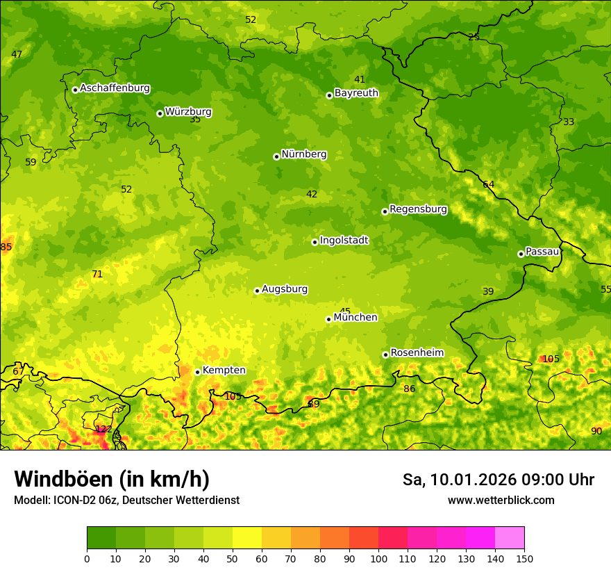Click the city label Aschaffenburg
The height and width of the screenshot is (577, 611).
pyautogui.click(x=115, y=88)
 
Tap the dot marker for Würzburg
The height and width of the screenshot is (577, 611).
pyautogui.click(x=160, y=113)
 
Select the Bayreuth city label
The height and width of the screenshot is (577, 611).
pyautogui.click(x=356, y=92)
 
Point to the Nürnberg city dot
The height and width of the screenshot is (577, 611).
pyautogui.click(x=276, y=156)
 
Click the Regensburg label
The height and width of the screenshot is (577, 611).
pyautogui.click(x=418, y=209)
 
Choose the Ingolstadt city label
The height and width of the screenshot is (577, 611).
pyautogui.click(x=344, y=240)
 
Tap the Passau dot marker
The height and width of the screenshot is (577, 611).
pyautogui.click(x=521, y=254)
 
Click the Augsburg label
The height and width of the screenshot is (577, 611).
pyautogui.click(x=285, y=288)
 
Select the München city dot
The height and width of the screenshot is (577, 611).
pyautogui.click(x=328, y=319)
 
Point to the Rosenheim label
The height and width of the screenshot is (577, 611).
pyautogui.click(x=417, y=352)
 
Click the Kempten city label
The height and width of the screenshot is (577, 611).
pyautogui.click(x=224, y=370)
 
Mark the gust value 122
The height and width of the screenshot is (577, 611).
pyautogui.click(x=103, y=429)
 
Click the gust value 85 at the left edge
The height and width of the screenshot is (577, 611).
pyautogui.click(x=6, y=247)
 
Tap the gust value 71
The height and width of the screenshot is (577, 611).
pyautogui.click(x=97, y=274)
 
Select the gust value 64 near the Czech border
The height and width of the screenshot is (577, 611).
pyautogui.click(x=488, y=184)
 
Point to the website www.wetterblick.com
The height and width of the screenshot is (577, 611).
pyautogui.click(x=501, y=500)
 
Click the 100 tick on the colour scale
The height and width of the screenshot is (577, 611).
pyautogui.click(x=378, y=558)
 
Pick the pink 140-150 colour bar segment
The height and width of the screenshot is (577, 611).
pyautogui.click(x=510, y=537)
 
